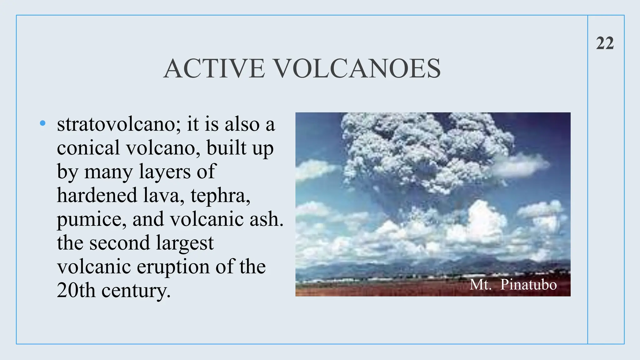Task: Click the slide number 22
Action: pos(605,43)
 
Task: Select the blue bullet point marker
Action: pos(43,123)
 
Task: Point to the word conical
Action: pos(88,148)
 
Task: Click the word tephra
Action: pos(220,196)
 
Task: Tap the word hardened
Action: pos(97,195)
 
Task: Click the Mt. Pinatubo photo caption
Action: pos(513,285)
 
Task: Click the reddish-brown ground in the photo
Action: pos(375,289)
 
